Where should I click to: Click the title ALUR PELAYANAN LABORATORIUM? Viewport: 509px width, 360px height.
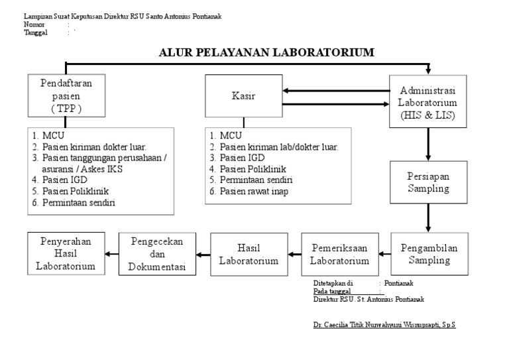267,52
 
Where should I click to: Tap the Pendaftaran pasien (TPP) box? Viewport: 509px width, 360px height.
66,97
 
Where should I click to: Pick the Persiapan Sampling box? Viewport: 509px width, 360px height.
428,182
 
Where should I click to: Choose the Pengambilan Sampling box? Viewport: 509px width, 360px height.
429,254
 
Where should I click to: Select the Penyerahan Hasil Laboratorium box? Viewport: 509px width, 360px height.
66,254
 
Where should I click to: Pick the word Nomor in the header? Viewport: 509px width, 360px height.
34,24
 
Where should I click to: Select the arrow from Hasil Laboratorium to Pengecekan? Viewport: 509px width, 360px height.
203,254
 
